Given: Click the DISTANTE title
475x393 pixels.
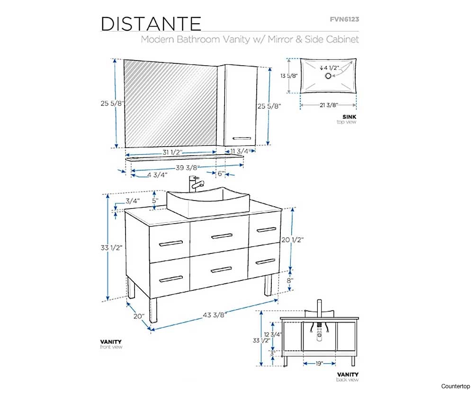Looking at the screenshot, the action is (x=151, y=24).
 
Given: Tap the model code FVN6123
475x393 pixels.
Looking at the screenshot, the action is (x=344, y=19).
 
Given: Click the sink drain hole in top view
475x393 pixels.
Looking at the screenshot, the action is (x=328, y=76).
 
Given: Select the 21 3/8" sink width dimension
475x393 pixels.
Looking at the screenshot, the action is (x=328, y=105).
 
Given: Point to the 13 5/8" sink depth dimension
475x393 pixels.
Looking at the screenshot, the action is (x=289, y=76).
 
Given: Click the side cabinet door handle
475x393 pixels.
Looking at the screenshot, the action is (x=242, y=138).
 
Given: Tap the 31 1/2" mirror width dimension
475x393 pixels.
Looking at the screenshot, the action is (x=172, y=152).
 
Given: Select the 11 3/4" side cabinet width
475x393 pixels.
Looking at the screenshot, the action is (x=240, y=151).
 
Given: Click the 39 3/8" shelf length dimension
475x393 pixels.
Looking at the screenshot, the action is (x=188, y=167).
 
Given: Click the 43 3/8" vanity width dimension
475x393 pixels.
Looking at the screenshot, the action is (x=215, y=314).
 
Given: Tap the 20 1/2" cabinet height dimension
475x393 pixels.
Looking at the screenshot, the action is (x=292, y=240).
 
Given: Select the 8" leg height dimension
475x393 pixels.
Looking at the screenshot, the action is (x=290, y=280).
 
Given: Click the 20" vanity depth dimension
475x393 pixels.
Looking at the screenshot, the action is (x=139, y=316).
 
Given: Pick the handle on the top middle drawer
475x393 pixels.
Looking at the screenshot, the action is (x=222, y=236).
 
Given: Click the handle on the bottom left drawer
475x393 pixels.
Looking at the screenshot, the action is (x=171, y=279).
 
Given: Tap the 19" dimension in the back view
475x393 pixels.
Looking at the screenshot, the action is (x=319, y=363).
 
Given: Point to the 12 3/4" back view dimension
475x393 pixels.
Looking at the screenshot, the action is (x=273, y=334).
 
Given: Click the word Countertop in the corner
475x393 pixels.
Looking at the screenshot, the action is (x=455, y=386).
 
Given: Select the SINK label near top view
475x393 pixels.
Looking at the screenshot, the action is (x=350, y=116).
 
